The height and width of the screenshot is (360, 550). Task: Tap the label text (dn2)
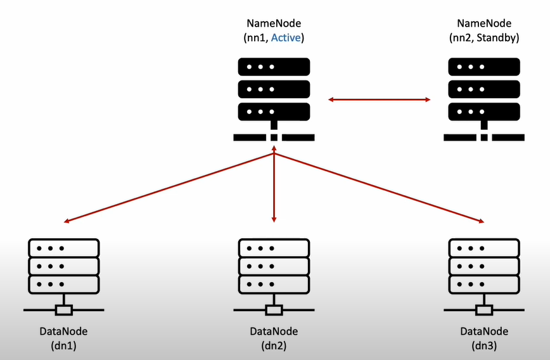pos(274,345)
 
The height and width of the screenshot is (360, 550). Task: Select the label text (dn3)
pos(484,345)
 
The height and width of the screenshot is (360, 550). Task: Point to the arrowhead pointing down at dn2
pos(274,219)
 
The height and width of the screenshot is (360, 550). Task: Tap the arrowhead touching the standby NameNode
pos(428,100)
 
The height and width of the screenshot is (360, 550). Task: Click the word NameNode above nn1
pos(274,23)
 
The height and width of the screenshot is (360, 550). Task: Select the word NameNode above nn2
pos(484,23)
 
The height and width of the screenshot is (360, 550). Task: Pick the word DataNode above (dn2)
pos(274,331)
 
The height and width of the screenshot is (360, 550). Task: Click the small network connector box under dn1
pos(64,310)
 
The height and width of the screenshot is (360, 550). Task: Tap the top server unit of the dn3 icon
pos(484,247)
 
